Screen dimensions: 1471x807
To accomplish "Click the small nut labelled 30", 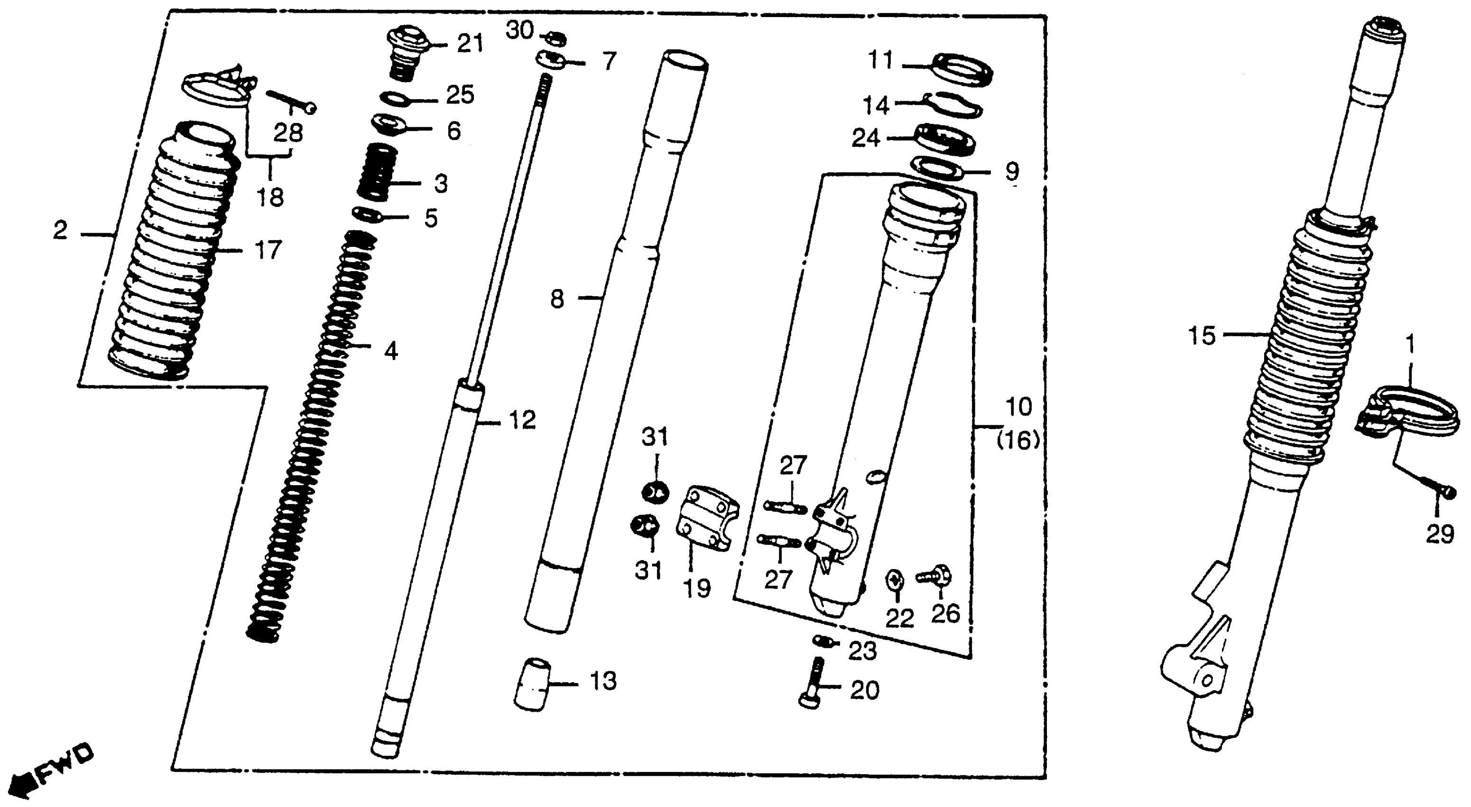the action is pyautogui.click(x=555, y=39).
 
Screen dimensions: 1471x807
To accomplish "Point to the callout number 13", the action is pyautogui.click(x=603, y=681).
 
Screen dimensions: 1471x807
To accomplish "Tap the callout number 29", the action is pyautogui.click(x=1440, y=535).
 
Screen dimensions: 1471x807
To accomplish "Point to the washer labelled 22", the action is pyautogui.click(x=894, y=581).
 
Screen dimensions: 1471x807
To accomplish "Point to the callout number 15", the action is pyautogui.click(x=1202, y=336).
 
